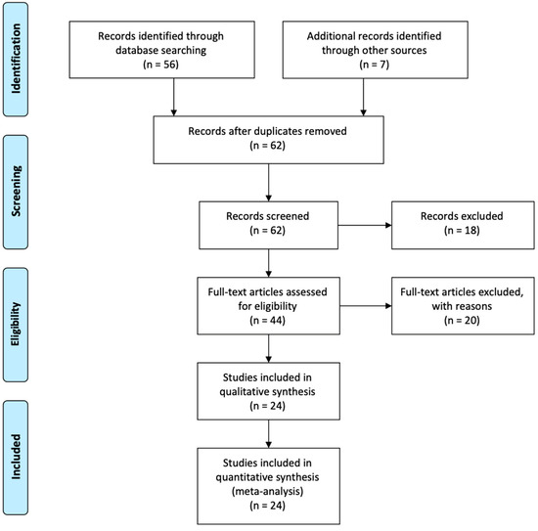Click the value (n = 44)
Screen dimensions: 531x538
click(269, 323)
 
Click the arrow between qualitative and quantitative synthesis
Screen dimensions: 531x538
click(269, 429)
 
